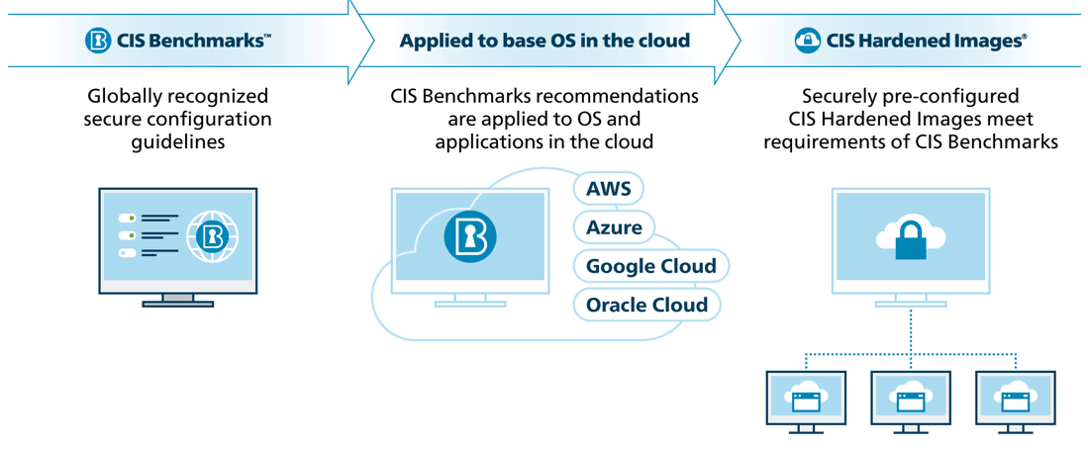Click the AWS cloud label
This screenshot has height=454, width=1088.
click(609, 189)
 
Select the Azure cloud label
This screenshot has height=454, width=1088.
click(614, 227)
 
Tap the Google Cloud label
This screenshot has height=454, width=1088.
click(650, 266)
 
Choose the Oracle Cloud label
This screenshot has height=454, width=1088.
click(646, 305)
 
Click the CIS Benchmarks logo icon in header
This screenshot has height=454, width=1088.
click(98, 41)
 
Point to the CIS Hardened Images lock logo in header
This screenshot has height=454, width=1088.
click(808, 41)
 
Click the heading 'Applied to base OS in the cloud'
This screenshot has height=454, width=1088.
click(544, 42)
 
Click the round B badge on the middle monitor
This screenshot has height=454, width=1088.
click(469, 237)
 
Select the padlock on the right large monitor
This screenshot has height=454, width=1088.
click(910, 239)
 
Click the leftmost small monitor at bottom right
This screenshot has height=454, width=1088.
click(806, 400)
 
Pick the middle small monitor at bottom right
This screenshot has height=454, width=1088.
click(910, 400)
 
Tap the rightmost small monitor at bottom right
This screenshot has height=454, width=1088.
click(1014, 400)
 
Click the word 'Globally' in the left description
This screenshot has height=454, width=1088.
click(123, 97)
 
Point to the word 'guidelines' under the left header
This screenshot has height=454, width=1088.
click(178, 142)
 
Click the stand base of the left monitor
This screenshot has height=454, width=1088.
click(177, 303)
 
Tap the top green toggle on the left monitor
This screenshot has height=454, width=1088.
click(127, 218)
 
